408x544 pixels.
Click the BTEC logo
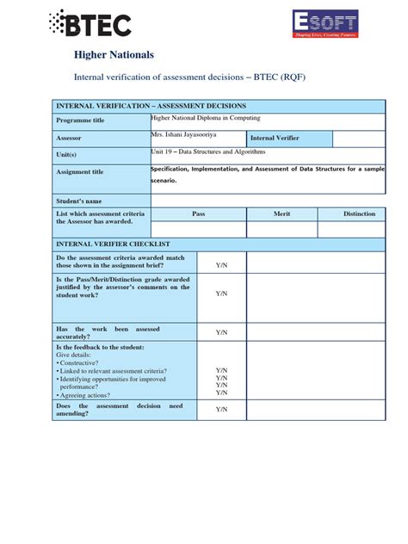tap(90, 23)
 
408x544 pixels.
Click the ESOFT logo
tap(325, 24)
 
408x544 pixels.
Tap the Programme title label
tap(80, 121)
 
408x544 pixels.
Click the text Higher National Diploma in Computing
tap(205, 118)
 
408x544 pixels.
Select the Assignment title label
tap(80, 172)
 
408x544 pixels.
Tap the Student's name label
tap(78, 201)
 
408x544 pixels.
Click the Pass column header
tap(198, 213)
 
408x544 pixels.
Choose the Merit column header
tap(281, 213)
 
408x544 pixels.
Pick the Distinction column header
tap(359, 213)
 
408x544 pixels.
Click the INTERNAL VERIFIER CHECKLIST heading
tap(114, 244)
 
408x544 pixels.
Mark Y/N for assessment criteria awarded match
tap(221, 262)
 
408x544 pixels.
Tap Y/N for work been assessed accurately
tap(221, 332)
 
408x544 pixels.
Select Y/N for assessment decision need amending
tap(221, 410)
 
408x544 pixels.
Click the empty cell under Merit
tap(281, 229)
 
